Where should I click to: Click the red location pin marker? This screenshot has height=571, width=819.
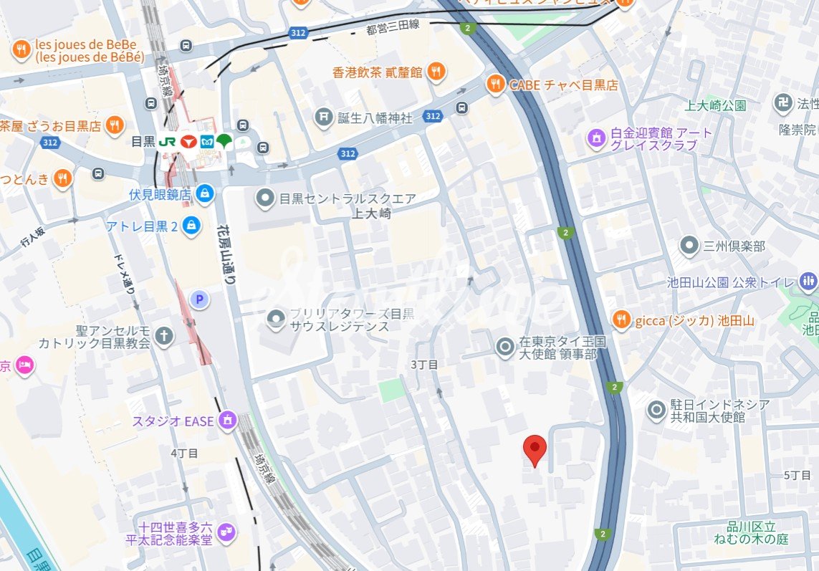pyautogui.click(x=535, y=449)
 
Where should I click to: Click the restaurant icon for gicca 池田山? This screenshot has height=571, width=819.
pyautogui.click(x=622, y=320)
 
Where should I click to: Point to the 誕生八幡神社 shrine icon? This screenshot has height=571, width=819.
pyautogui.click(x=325, y=117)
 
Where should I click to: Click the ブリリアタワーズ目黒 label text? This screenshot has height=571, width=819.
pyautogui.click(x=352, y=314)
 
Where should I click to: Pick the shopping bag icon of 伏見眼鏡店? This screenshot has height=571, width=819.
pyautogui.click(x=205, y=193)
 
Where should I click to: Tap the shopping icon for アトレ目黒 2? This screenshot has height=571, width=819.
pyautogui.click(x=191, y=226)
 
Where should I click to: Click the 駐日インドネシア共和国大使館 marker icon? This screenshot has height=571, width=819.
pyautogui.click(x=656, y=410)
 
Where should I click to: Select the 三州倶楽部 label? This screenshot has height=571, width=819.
pyautogui.click(x=734, y=246)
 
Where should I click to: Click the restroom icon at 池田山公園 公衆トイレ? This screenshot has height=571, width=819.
pyautogui.click(x=808, y=281)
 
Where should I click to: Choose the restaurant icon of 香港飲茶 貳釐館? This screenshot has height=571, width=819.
pyautogui.click(x=436, y=72)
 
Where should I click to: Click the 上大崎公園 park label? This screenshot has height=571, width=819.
pyautogui.click(x=715, y=105)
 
